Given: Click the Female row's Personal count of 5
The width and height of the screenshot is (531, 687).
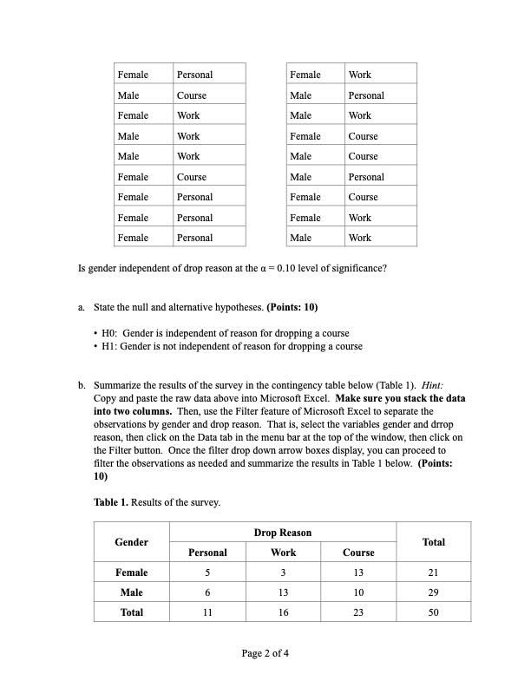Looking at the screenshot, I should tap(207, 572).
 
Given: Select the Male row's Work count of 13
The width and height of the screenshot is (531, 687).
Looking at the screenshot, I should tap(283, 592).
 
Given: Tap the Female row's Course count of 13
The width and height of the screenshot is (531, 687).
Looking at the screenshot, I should tap(358, 572).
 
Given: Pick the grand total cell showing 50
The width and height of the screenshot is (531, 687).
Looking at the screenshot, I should tap(433, 612).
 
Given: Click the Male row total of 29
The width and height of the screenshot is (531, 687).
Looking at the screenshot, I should tap(433, 592).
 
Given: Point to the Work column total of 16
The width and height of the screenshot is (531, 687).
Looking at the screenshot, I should tap(283, 612).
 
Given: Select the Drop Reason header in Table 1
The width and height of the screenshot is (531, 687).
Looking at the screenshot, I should tap(283, 533).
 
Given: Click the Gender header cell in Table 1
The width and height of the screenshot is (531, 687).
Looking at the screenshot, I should tap(131, 542).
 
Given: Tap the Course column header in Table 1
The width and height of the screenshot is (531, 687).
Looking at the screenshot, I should tap(358, 553).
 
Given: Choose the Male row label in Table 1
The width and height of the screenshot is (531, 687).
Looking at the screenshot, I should tap(131, 592).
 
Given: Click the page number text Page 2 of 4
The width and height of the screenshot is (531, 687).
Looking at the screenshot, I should tap(265, 653).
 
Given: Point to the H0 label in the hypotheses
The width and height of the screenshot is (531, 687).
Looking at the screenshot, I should tap(110, 334).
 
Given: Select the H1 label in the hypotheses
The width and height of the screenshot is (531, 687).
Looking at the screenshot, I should tap(110, 347).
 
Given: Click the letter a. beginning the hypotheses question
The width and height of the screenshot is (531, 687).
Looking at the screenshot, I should tap(81, 307).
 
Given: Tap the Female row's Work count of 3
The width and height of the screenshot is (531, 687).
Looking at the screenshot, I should tap(283, 572).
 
